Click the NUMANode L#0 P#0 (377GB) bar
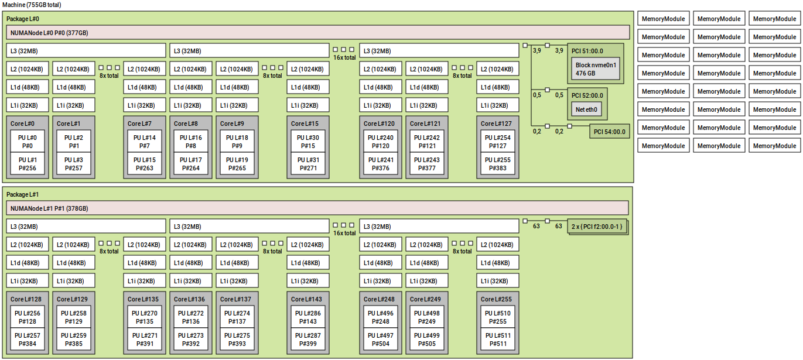pos(318,32)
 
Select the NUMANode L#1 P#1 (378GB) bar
pos(318,208)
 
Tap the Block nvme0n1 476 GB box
pos(595,69)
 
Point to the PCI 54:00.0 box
pos(609,131)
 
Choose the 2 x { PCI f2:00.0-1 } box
pos(597,226)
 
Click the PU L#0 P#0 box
pos(27,142)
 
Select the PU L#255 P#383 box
pos(497,164)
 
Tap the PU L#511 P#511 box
pos(497,340)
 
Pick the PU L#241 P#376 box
pos(380,164)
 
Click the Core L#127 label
pos(497,124)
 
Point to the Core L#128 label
pos(25,299)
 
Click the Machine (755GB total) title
pos(32,5)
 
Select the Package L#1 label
pos(23,194)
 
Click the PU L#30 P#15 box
pos(307,142)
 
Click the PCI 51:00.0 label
pos(587,51)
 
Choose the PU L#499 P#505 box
pos(426,340)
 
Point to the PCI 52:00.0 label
pos(587,95)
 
